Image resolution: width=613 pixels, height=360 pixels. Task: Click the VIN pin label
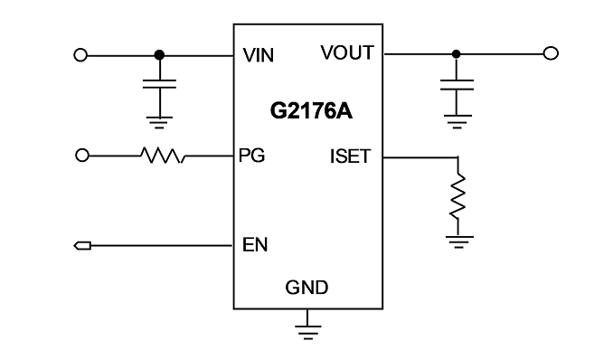pos(258,55)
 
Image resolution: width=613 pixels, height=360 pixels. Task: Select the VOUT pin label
pos(347,52)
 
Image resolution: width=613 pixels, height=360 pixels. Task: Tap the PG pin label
pos(251,156)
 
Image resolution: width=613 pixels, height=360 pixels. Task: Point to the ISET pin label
pos(350,156)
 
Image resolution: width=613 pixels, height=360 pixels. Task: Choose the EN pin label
pos(255,245)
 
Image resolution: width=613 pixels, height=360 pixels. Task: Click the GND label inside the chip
pos(306,288)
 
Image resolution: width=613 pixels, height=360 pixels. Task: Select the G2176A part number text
pos(311,111)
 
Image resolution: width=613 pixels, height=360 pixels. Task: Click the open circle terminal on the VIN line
pos(80,55)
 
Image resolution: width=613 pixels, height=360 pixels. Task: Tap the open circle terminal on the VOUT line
pos(551,53)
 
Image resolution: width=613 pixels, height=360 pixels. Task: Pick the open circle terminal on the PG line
pos(81,156)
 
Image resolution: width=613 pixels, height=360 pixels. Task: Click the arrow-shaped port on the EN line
pos(82,246)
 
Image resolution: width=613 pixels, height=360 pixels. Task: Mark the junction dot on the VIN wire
pos(159,55)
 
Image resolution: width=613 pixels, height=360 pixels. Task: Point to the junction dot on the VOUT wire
pos(456,54)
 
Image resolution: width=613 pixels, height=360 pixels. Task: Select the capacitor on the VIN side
pos(159,84)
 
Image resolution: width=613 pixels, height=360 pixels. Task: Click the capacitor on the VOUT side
pos(457,85)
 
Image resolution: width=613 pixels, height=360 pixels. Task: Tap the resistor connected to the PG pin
pos(163,156)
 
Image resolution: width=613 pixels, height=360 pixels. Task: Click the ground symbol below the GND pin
pos(307,332)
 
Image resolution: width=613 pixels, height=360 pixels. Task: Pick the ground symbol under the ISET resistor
pos(459,242)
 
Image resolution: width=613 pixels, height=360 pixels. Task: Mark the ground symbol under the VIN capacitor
pos(159,122)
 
